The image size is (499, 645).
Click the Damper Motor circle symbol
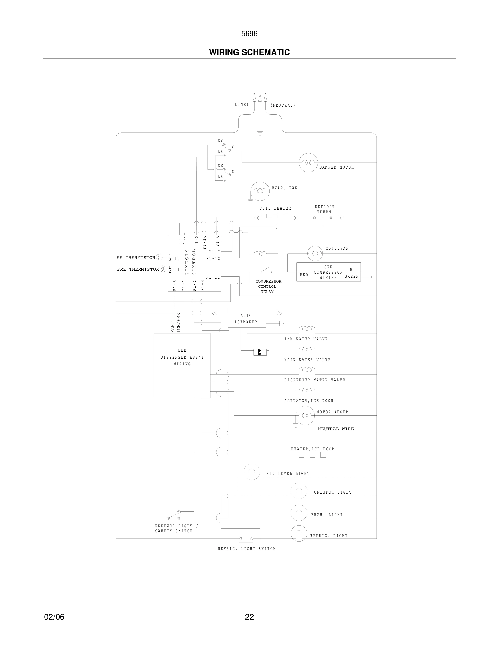click(x=308, y=163)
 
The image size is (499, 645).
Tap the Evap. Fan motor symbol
click(x=260, y=191)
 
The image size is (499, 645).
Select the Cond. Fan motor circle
click(x=315, y=253)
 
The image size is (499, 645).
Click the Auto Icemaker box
click(x=247, y=318)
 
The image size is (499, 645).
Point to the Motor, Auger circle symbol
click(x=305, y=415)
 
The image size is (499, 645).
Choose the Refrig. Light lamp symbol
click(x=299, y=533)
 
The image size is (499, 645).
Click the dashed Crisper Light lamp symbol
click(x=299, y=491)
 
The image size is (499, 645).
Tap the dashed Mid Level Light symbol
click(x=252, y=472)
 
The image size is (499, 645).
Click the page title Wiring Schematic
click(x=249, y=52)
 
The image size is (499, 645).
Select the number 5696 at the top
click(x=249, y=34)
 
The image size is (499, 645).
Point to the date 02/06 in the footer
click(x=54, y=617)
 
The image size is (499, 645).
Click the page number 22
click(x=249, y=617)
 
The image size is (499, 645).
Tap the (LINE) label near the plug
click(x=240, y=105)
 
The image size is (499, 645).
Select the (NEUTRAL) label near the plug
click(x=283, y=105)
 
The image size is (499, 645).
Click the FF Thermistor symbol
click(x=159, y=257)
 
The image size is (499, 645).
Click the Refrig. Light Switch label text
click(x=247, y=549)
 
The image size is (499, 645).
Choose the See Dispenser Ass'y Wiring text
click(x=182, y=357)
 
